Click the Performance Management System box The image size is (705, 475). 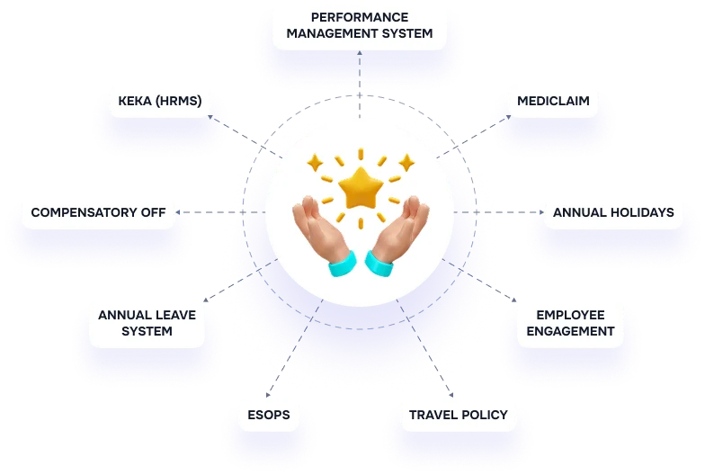point(359,25)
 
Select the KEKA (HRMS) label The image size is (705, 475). point(161,101)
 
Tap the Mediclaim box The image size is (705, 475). point(553,101)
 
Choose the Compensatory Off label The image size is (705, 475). point(98,213)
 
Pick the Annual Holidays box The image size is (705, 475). point(613,213)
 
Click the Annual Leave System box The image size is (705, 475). point(147,323)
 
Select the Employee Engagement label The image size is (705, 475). point(570,323)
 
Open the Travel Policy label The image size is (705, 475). point(458,415)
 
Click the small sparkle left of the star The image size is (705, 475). point(314,163)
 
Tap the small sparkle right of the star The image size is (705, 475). point(406,163)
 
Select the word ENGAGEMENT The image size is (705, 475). point(570,331)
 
